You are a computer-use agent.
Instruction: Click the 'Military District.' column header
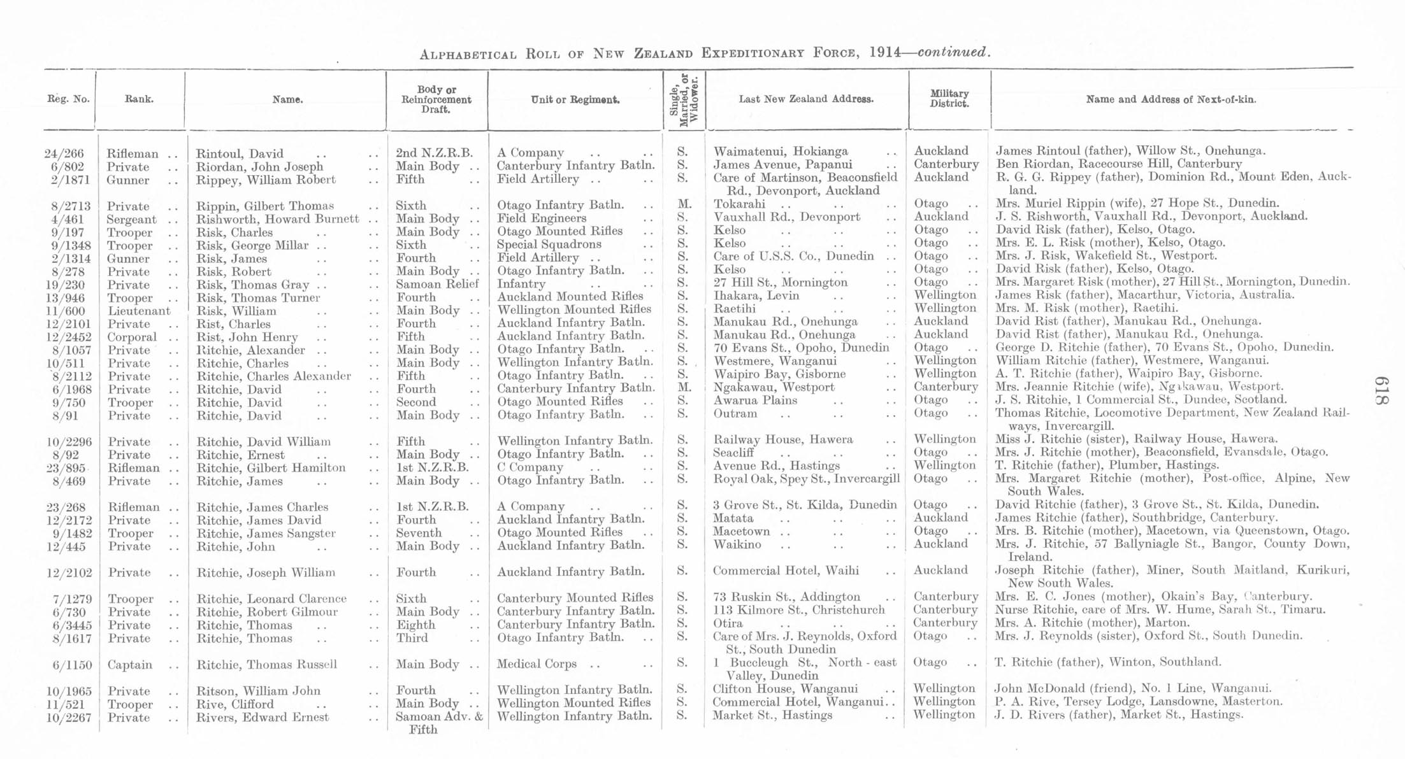tap(949, 99)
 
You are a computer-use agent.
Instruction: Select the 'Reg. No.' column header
tap(68, 99)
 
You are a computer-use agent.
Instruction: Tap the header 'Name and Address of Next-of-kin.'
tap(1171, 99)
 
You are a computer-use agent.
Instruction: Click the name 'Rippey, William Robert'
tap(266, 180)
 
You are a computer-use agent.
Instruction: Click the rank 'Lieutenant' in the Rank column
tap(139, 311)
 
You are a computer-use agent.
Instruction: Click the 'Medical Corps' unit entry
tap(537, 664)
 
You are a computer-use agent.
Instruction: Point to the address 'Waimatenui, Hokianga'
tap(781, 152)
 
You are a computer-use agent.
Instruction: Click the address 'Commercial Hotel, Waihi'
tap(785, 571)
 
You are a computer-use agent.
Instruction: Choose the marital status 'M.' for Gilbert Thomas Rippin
tap(682, 205)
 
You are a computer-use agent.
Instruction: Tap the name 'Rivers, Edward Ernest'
tap(263, 718)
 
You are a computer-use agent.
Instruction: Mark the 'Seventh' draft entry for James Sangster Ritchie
tap(419, 534)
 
